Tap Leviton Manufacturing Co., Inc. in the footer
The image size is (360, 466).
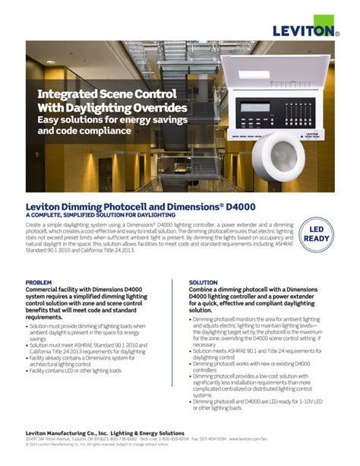pos(71,433)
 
